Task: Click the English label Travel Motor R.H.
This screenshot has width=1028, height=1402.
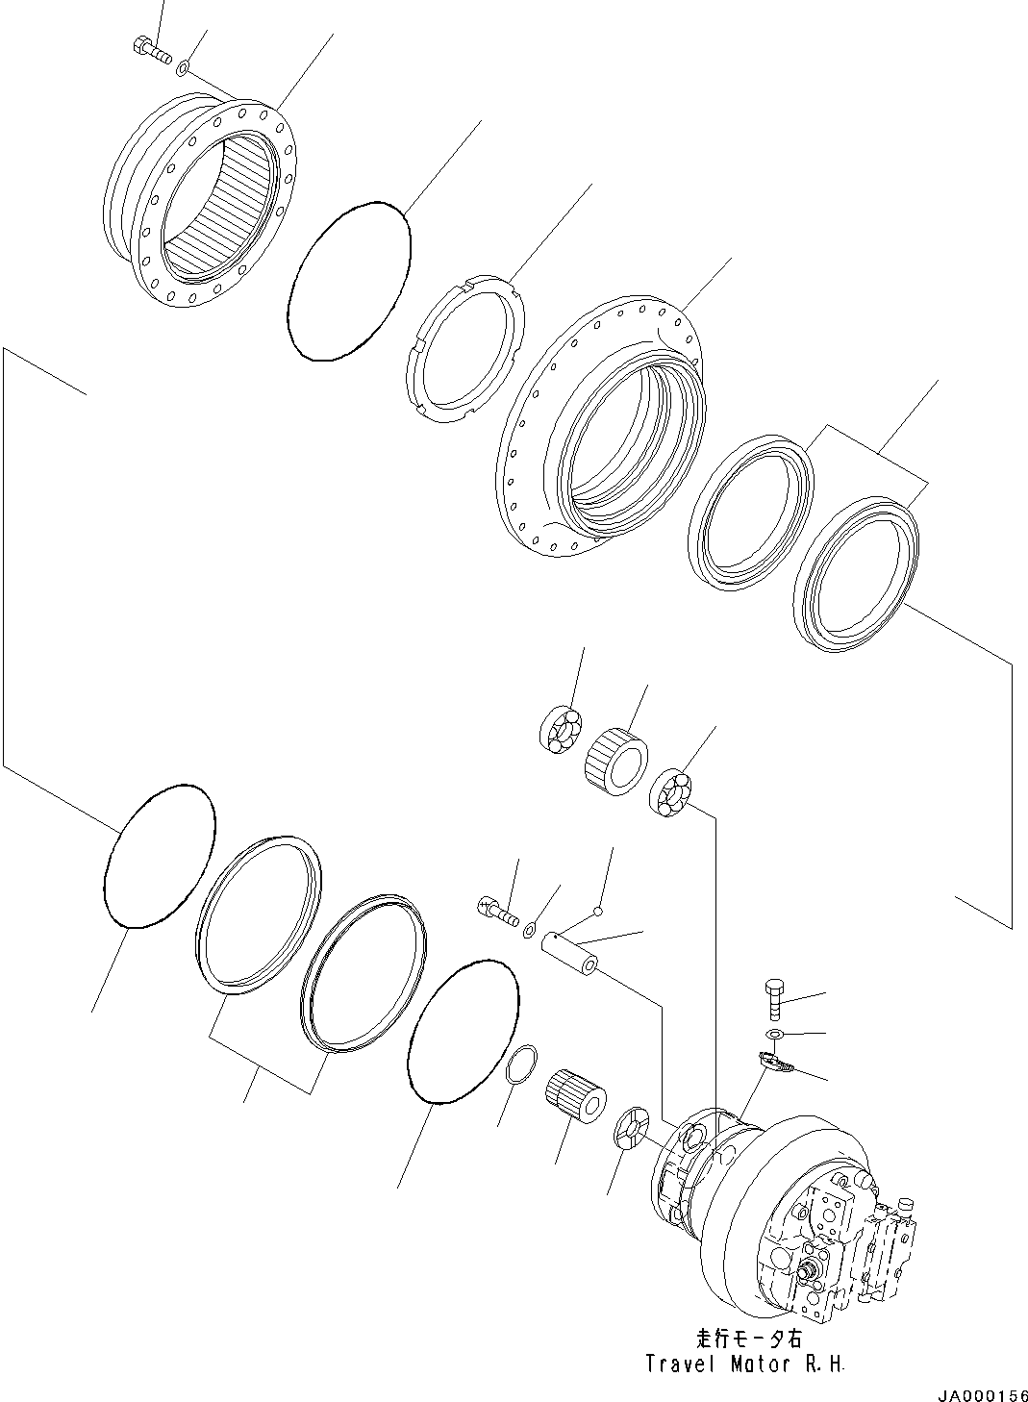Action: coord(747,1363)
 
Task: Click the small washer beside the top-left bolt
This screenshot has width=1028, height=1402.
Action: coord(183,67)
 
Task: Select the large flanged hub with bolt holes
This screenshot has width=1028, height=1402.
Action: coord(601,423)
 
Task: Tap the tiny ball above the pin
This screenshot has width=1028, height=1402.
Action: coord(597,910)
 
